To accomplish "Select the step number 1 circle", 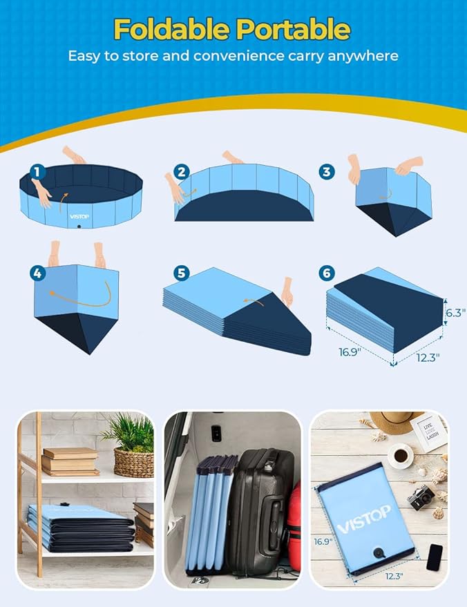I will [x=39, y=171].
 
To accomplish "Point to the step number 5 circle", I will [x=182, y=273].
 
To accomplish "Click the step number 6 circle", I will [x=327, y=273].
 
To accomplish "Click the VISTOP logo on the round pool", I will [x=79, y=215].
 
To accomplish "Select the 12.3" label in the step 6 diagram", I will [x=428, y=357].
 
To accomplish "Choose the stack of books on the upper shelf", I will [x=70, y=461].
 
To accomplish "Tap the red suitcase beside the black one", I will [x=294, y=525].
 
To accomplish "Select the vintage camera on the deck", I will [x=421, y=496].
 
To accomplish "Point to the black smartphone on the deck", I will [x=435, y=557].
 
